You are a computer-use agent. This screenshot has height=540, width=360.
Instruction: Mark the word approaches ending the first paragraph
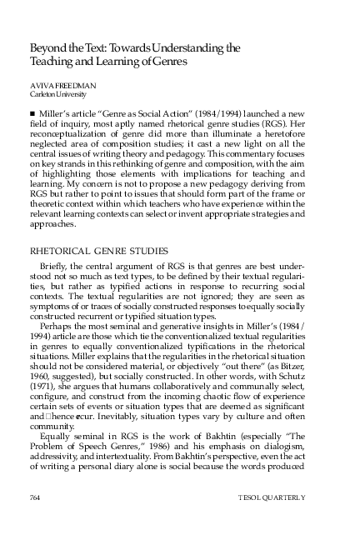click(52, 224)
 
